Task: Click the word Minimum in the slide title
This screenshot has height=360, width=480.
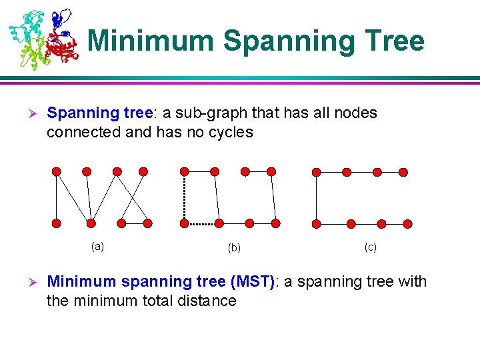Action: click(151, 41)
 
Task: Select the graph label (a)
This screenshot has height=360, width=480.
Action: click(97, 246)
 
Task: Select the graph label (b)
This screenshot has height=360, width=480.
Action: click(234, 248)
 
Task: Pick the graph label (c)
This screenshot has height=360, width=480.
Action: click(370, 247)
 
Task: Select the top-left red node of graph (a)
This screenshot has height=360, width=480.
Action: click(57, 171)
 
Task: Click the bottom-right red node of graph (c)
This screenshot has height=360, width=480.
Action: click(407, 223)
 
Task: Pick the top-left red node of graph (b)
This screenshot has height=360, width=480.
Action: click(185, 171)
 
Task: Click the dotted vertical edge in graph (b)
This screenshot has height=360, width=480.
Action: click(185, 197)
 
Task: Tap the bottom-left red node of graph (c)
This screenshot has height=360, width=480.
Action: click(317, 223)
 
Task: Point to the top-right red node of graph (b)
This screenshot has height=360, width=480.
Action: click(271, 171)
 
